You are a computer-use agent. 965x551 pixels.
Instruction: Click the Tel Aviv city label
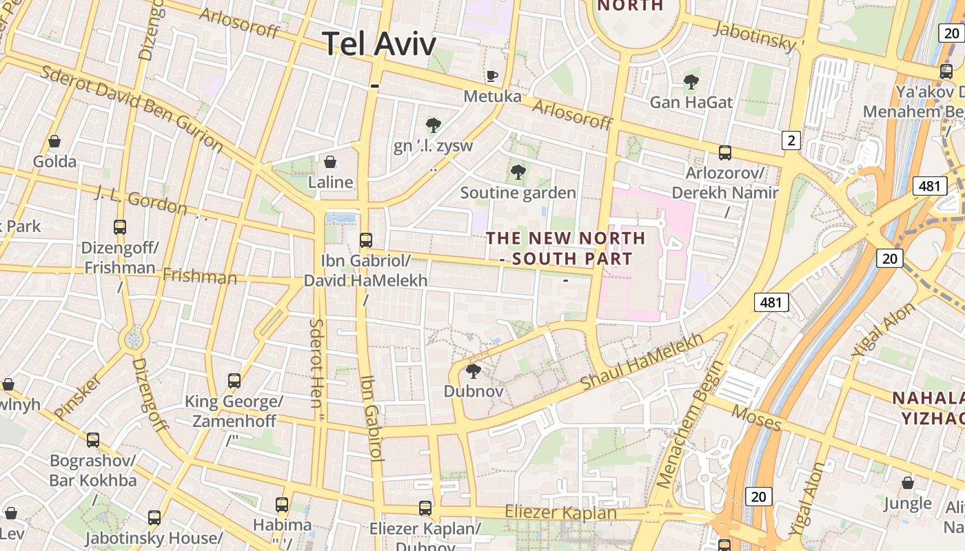coord(379,44)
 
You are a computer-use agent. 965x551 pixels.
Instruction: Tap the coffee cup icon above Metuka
coord(491,76)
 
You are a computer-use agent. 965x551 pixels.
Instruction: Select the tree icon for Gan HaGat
coord(691,83)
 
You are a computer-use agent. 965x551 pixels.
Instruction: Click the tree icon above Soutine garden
coord(518,172)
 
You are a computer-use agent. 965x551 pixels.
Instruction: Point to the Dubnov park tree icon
coord(473,372)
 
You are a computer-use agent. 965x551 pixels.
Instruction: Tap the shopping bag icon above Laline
coord(330,163)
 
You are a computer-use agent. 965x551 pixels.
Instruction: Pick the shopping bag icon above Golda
coord(54,142)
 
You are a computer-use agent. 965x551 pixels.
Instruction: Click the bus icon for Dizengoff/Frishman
coord(120,227)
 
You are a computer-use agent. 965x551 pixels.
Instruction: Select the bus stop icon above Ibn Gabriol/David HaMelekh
coord(366,240)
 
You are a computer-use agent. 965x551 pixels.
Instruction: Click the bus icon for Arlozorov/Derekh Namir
coord(725,153)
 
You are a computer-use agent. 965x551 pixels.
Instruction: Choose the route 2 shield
coord(791,141)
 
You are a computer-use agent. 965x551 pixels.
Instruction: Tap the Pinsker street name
coord(77,397)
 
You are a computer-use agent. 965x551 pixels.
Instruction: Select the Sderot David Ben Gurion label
coord(132,108)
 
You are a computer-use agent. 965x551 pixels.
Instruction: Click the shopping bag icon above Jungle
coord(908,483)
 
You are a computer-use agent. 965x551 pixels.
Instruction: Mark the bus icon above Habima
coord(281,505)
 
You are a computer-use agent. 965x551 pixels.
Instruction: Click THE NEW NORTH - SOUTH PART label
coord(566,249)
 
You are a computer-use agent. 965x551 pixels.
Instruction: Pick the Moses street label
coord(756,417)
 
